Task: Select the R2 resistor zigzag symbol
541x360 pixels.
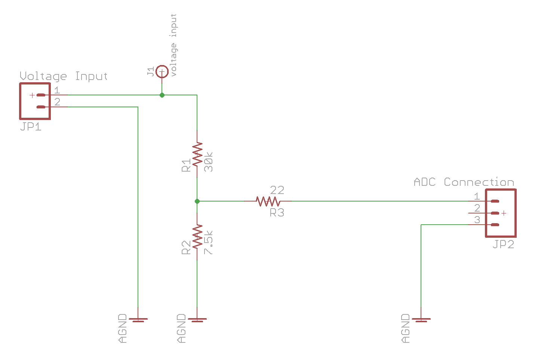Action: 197,237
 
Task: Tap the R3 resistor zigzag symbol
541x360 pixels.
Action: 268,201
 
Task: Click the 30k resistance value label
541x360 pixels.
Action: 209,162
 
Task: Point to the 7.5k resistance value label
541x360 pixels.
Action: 209,243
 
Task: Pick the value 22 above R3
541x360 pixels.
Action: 277,190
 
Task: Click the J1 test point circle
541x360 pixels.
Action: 162,71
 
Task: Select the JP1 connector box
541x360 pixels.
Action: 35,101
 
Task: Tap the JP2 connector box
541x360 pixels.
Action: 501,213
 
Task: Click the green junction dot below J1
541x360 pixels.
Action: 162,95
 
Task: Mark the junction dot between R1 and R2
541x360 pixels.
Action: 197,201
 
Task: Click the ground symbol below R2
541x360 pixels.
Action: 197,320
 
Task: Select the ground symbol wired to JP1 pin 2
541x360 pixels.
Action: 138,320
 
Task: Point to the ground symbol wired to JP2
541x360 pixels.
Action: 421,320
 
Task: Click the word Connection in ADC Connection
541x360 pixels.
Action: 479,182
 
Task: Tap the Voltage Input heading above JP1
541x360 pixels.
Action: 64,76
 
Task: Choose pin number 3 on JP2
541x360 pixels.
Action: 477,220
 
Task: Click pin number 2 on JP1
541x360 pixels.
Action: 57,102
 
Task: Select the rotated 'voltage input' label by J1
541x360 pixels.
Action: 173,45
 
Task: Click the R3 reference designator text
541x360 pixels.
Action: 277,213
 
